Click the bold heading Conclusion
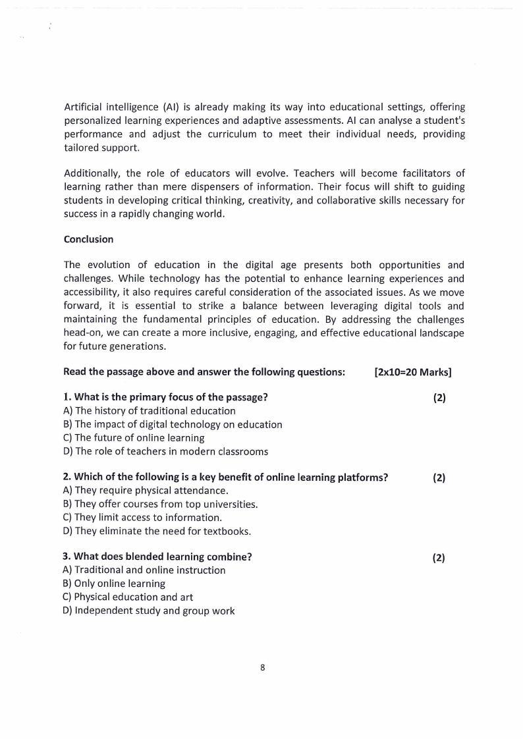coord(88,239)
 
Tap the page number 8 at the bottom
coord(262,667)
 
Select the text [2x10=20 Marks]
coord(412,372)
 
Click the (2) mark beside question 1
coord(439,398)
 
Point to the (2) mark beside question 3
coord(439,557)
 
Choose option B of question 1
coord(173,424)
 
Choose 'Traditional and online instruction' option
coord(144,570)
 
